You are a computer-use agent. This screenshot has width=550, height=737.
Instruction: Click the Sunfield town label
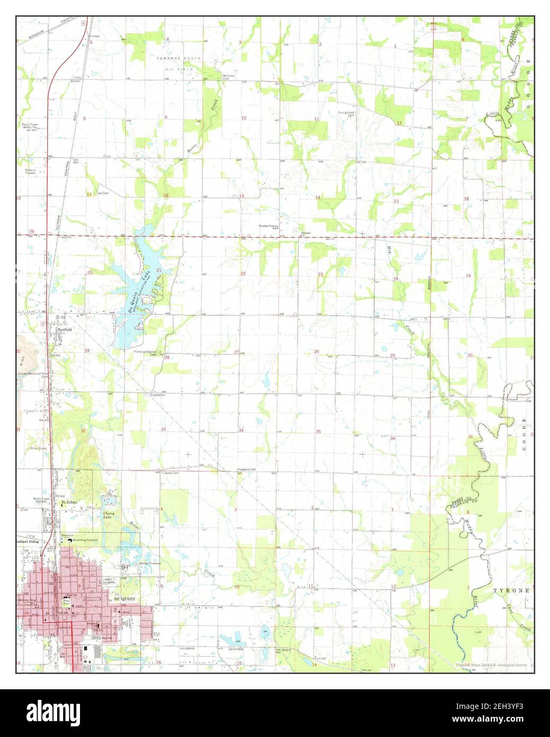tap(64, 329)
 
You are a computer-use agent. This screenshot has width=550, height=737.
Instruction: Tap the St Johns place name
tap(69, 501)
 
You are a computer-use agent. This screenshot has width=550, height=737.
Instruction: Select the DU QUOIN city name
tap(125, 599)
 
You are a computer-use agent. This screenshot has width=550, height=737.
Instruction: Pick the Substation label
tap(157, 395)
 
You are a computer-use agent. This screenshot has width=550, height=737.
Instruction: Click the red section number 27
tap(236, 352)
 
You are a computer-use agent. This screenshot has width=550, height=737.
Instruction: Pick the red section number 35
tap(318, 432)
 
